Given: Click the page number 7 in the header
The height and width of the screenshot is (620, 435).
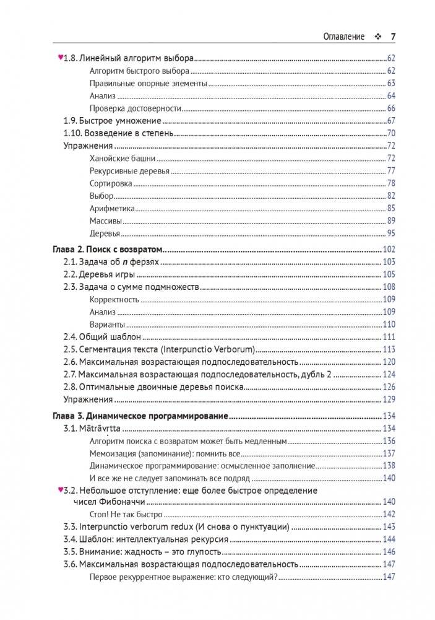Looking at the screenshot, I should click(x=393, y=37).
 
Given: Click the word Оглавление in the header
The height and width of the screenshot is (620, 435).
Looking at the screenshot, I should click(x=344, y=37).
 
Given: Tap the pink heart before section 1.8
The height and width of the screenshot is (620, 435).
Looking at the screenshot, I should click(x=60, y=58).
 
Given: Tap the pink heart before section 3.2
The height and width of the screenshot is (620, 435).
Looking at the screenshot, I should click(x=60, y=490).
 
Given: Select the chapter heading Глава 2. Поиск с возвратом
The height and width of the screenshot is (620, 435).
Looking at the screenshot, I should click(x=105, y=249).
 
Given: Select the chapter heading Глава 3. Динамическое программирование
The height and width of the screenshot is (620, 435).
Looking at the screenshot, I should click(x=139, y=416).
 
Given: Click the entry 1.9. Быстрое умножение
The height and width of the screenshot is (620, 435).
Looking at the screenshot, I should click(x=113, y=121).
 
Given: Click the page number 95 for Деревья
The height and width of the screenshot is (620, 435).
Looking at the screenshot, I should click(x=390, y=234).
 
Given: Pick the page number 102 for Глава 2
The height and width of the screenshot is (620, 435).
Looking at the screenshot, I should click(x=389, y=249).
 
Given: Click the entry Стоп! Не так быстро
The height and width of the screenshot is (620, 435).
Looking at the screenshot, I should click(x=126, y=514).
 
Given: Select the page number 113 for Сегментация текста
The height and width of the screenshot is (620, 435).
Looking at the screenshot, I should click(x=389, y=349).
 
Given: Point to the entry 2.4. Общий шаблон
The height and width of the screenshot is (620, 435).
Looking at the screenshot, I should click(x=103, y=337).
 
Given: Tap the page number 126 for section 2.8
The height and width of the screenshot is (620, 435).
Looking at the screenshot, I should click(x=389, y=387).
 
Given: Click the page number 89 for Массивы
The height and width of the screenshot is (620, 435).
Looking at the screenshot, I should click(x=390, y=221).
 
